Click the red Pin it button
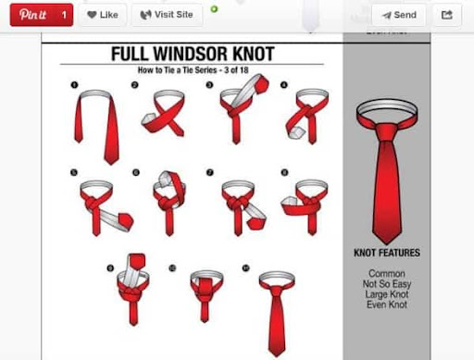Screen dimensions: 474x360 [x=42, y=15]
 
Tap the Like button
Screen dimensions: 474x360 [x=103, y=15]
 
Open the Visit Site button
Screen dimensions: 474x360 [x=167, y=15]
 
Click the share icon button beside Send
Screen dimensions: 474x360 [x=447, y=15]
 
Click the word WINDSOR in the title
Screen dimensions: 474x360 [x=192, y=54]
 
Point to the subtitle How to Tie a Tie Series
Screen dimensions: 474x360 [x=178, y=70]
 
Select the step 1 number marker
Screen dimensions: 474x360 [x=74, y=85]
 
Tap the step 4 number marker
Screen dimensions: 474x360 [x=284, y=85]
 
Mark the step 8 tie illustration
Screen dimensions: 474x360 [x=306, y=206]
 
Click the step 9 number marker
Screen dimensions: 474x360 [x=110, y=268]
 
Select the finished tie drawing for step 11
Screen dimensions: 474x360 [x=277, y=313]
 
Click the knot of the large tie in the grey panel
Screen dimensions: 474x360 [x=386, y=132]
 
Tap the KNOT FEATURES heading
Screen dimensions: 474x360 [x=387, y=253]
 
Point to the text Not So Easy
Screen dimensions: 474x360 [x=387, y=284]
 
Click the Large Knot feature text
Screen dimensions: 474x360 [x=387, y=294]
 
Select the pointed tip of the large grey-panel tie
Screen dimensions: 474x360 [x=386, y=243]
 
